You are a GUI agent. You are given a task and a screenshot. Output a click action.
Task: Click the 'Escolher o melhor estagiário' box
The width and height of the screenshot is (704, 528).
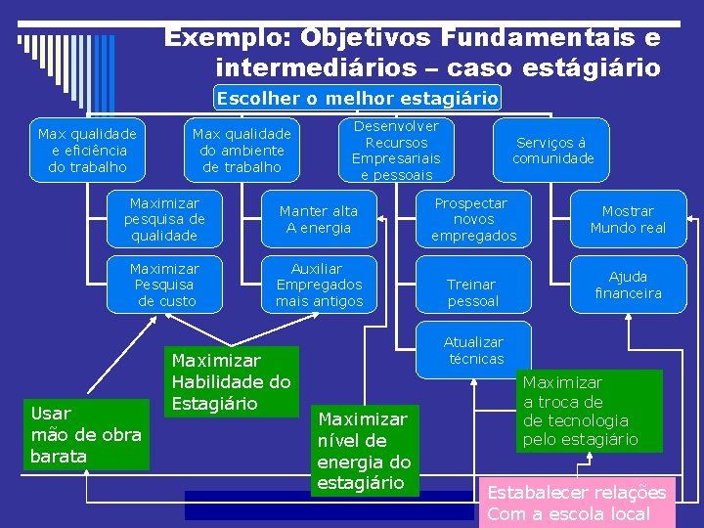(357, 98)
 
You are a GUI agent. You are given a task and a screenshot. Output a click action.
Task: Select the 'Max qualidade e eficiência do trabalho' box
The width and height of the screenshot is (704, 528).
(87, 150)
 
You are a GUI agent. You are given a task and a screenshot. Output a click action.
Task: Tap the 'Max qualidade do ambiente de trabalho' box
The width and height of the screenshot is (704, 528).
(242, 150)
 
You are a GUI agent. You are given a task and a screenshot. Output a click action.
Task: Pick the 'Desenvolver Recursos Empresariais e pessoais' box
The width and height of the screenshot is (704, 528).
(396, 151)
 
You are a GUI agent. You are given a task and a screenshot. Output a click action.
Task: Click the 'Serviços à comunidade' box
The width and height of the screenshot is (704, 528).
(553, 151)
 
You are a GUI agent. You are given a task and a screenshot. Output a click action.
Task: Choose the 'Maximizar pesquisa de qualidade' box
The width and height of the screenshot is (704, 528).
(164, 219)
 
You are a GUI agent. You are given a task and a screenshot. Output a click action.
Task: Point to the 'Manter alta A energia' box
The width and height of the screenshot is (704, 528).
(319, 219)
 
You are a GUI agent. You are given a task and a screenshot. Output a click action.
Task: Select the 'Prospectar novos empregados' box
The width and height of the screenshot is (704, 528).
(473, 219)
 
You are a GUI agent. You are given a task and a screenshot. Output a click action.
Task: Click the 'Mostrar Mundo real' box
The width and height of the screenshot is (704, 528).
(628, 219)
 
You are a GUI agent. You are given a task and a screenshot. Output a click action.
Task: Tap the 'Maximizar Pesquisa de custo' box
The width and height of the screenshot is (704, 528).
(164, 285)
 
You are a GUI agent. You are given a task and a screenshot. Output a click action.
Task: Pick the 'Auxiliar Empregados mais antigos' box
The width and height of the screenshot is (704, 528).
(319, 285)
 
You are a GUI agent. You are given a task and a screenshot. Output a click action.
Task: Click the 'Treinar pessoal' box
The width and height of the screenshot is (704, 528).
(473, 292)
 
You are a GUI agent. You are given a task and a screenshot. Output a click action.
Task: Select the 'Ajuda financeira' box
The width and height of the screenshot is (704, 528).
(628, 285)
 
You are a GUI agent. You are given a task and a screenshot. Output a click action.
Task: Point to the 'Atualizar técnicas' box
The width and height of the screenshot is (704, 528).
(473, 350)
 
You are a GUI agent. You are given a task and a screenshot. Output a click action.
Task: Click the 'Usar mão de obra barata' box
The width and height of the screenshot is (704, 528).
(86, 434)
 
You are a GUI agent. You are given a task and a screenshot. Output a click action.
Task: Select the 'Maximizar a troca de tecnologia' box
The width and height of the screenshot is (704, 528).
(589, 411)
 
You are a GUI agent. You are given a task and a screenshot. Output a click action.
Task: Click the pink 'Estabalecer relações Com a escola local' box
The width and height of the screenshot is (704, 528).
(576, 503)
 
